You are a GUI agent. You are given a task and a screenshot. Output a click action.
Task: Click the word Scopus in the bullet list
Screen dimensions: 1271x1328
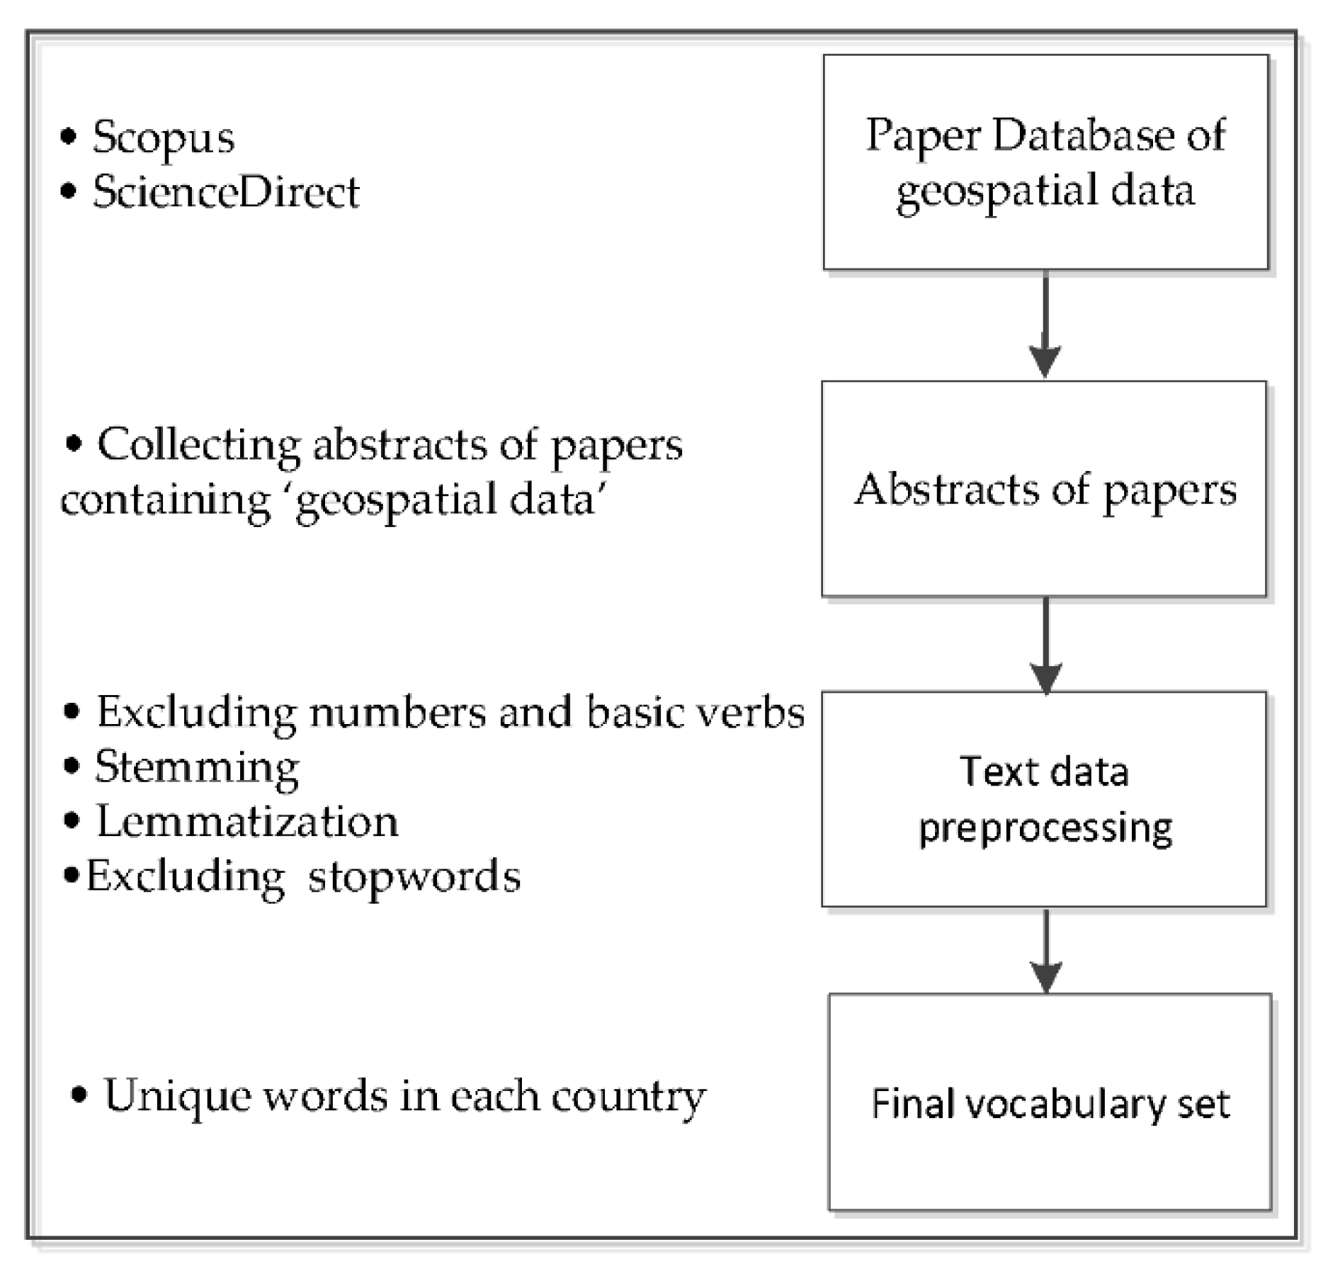coord(163,138)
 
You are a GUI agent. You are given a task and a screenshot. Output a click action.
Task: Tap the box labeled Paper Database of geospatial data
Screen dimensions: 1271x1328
coord(1045,162)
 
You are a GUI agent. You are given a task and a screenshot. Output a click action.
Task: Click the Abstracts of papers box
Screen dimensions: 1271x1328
coord(1043,489)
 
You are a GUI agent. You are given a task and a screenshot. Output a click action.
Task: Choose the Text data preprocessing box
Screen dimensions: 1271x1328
coord(1043,798)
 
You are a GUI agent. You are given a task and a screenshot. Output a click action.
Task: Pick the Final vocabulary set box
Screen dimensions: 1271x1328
coord(1050,1102)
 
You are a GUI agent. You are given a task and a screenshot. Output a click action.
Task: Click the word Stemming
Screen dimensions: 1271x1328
coord(197,767)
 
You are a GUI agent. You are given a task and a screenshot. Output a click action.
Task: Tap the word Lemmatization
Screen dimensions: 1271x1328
coord(246,822)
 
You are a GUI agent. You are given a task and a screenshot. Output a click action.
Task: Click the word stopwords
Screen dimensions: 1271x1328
coord(414,877)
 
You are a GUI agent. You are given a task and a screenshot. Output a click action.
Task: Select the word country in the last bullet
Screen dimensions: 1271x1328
coord(628,1097)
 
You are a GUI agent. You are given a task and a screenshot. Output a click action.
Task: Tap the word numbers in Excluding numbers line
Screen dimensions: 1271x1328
coord(397,712)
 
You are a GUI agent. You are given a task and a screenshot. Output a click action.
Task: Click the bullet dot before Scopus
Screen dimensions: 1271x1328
coord(68,137)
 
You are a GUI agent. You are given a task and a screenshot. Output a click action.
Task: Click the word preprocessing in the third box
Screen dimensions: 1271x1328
coord(1045,827)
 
